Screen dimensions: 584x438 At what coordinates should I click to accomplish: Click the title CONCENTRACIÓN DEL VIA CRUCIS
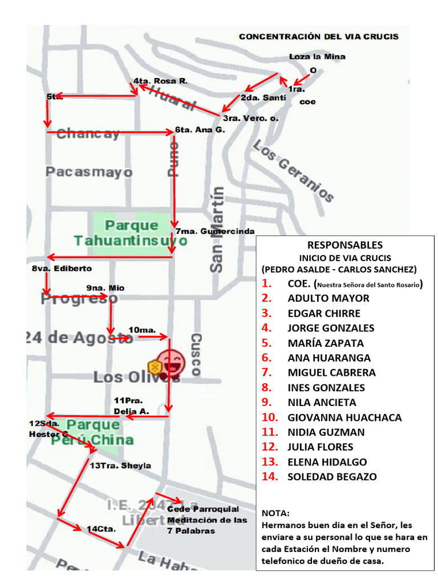click(x=318, y=36)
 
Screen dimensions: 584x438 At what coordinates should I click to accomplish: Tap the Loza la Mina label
click(x=317, y=56)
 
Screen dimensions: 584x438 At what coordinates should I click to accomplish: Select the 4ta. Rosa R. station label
click(x=160, y=81)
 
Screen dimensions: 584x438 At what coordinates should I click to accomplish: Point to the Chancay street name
click(x=88, y=134)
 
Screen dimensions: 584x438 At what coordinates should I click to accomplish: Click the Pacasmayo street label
click(x=89, y=172)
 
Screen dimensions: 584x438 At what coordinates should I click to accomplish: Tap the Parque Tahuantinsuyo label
click(x=130, y=233)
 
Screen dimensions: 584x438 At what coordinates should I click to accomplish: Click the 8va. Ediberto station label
click(x=62, y=268)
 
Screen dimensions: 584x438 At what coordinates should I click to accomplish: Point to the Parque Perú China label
click(x=94, y=432)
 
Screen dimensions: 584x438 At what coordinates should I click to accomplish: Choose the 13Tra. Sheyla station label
click(x=120, y=465)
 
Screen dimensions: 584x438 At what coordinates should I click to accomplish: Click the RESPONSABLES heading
click(x=345, y=245)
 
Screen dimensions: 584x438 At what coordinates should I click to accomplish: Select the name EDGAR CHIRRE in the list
click(x=324, y=313)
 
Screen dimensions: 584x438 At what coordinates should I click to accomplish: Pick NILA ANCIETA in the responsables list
click(x=322, y=402)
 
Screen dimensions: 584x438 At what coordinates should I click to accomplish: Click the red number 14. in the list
click(x=270, y=477)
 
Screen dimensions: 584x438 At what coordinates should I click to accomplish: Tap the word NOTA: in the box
click(x=275, y=513)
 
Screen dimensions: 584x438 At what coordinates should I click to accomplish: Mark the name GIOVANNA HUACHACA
click(x=344, y=417)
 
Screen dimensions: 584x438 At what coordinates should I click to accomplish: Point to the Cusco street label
click(x=196, y=354)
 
